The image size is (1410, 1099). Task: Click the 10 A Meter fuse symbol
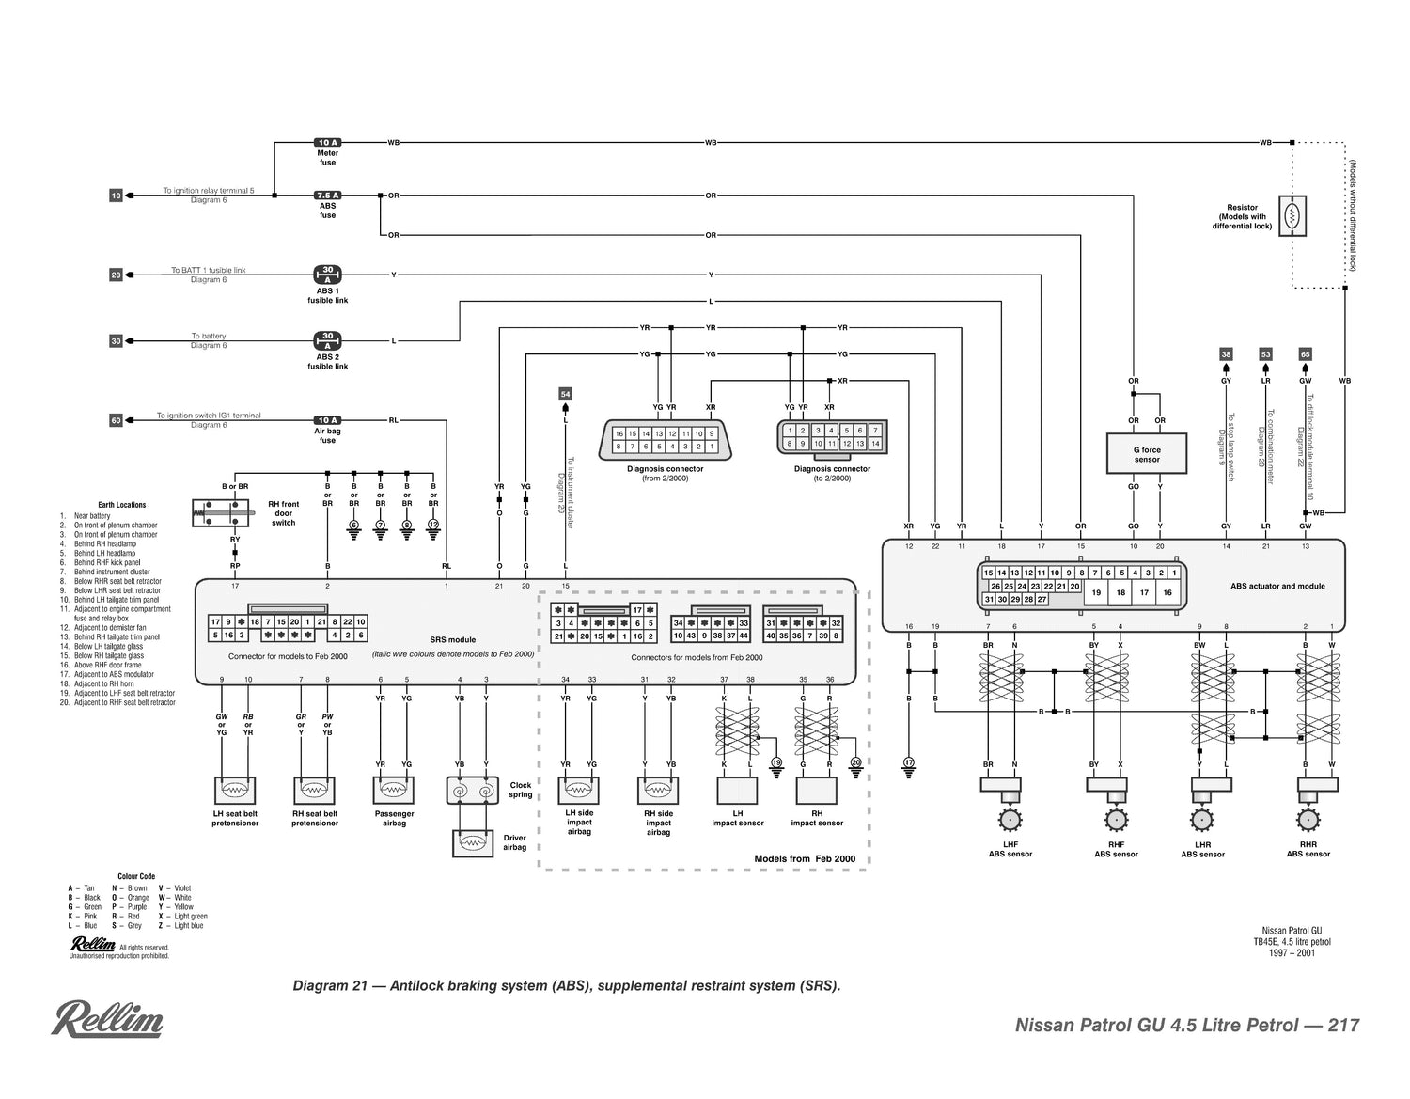tap(327, 143)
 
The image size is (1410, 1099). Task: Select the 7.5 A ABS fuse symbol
tap(327, 196)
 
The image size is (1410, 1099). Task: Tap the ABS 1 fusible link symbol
tap(327, 275)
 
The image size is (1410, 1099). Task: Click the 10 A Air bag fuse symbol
tap(327, 420)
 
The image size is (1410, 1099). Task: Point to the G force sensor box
tap(1146, 454)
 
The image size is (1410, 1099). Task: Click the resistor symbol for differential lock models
tap(1292, 216)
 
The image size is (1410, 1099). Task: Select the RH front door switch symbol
tap(221, 512)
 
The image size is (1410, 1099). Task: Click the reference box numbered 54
tap(565, 394)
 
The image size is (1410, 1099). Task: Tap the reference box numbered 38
tap(1226, 354)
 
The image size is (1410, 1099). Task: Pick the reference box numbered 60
tap(116, 420)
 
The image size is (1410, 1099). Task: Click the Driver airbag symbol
tap(472, 843)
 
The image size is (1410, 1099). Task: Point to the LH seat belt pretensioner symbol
tap(235, 791)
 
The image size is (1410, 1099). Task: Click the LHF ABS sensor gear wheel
tap(1010, 821)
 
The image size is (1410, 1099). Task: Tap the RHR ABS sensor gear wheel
tap(1307, 820)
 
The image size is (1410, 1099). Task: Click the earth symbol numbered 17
tap(908, 765)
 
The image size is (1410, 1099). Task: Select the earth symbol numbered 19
tap(776, 765)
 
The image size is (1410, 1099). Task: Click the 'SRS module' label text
tap(453, 639)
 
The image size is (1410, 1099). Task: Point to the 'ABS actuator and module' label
tap(1277, 586)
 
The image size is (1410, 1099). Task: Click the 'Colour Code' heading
tap(136, 876)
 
